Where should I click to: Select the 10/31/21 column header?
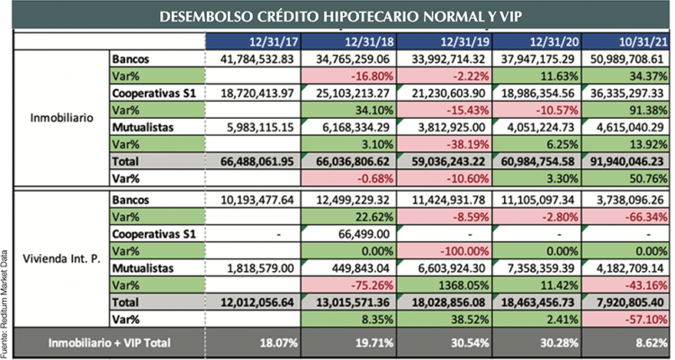pos(621,41)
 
